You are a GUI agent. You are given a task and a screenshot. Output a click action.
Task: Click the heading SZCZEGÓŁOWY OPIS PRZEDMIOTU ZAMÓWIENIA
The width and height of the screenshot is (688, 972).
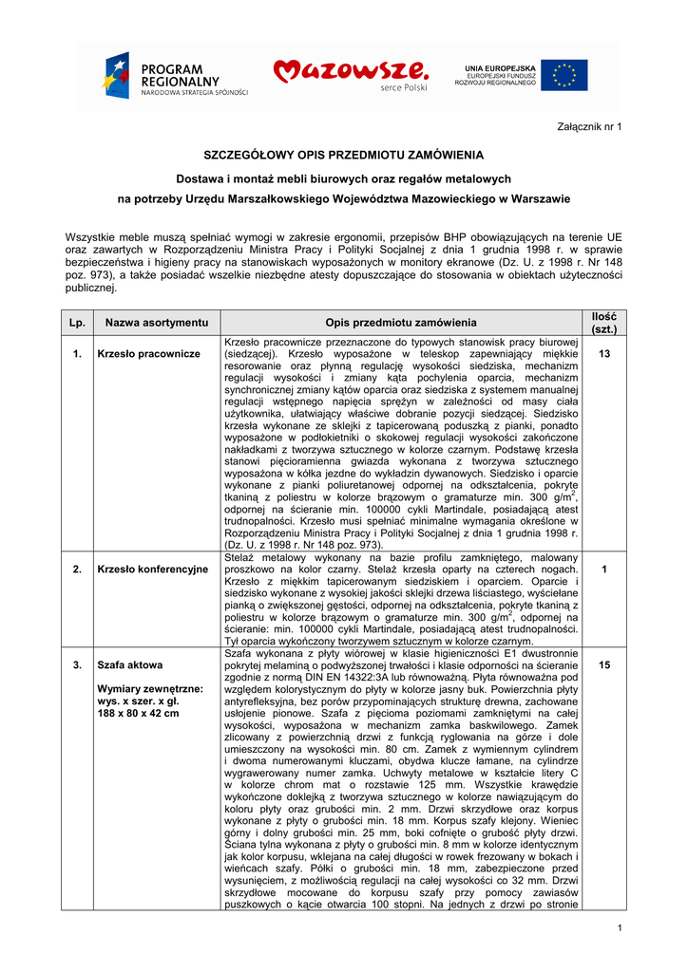point(344,155)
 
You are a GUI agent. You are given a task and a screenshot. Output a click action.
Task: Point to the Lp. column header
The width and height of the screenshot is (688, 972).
point(77,323)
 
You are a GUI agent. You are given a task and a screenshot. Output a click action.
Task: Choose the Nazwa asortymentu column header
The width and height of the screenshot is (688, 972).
point(157,323)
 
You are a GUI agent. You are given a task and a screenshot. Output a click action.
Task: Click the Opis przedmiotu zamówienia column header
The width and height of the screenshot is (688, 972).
point(401,323)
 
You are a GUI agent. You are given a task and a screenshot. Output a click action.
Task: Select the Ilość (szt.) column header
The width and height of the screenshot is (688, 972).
point(603,323)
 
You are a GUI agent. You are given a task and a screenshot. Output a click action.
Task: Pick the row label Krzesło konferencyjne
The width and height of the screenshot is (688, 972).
point(153,570)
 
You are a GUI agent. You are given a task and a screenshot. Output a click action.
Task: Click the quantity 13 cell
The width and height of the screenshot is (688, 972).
point(603,354)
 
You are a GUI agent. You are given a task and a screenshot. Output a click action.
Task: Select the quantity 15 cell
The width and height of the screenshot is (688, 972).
point(603,665)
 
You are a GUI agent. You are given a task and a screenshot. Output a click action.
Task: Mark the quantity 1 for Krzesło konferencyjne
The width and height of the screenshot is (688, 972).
point(603,570)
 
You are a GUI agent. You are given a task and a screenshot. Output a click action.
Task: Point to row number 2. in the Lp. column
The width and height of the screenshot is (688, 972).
point(77,570)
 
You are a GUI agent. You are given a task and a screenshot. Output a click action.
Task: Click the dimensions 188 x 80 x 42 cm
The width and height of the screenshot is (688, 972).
point(139,713)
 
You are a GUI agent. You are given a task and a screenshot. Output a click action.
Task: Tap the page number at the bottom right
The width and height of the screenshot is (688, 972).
point(619,927)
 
